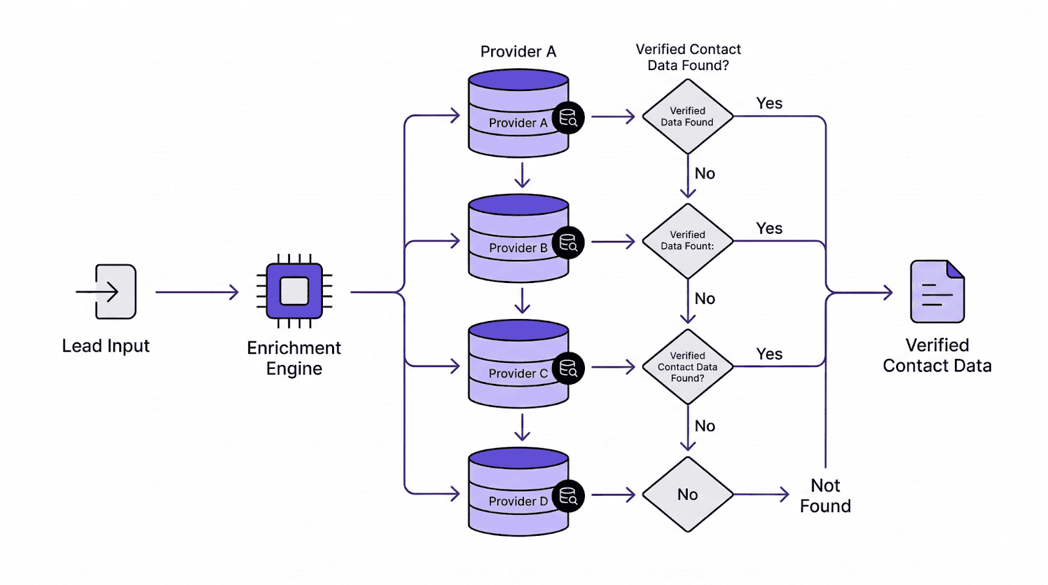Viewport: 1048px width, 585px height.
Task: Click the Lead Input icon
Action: coord(108,292)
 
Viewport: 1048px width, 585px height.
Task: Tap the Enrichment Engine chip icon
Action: coord(294,292)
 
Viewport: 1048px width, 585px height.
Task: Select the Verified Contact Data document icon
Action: coord(937,292)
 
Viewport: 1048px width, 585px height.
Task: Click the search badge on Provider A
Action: coord(568,118)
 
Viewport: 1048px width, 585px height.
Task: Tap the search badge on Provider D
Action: coord(568,496)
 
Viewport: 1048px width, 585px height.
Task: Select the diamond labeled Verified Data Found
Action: coord(687,117)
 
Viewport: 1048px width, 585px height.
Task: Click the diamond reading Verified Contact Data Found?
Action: coord(687,367)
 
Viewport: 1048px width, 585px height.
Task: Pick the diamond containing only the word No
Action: coord(687,495)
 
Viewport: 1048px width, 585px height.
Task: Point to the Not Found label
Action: coord(825,496)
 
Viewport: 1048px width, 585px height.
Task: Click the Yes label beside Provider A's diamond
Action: coord(769,104)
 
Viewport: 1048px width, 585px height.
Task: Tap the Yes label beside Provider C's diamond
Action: coord(769,354)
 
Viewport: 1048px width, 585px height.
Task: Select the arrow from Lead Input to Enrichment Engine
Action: coord(196,292)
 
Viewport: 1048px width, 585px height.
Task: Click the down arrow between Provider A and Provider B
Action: coord(522,175)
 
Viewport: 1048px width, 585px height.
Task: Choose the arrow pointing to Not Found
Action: coord(761,495)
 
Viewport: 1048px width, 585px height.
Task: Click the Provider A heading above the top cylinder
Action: coord(518,52)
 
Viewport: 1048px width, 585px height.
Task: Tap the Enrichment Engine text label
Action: coord(294,358)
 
